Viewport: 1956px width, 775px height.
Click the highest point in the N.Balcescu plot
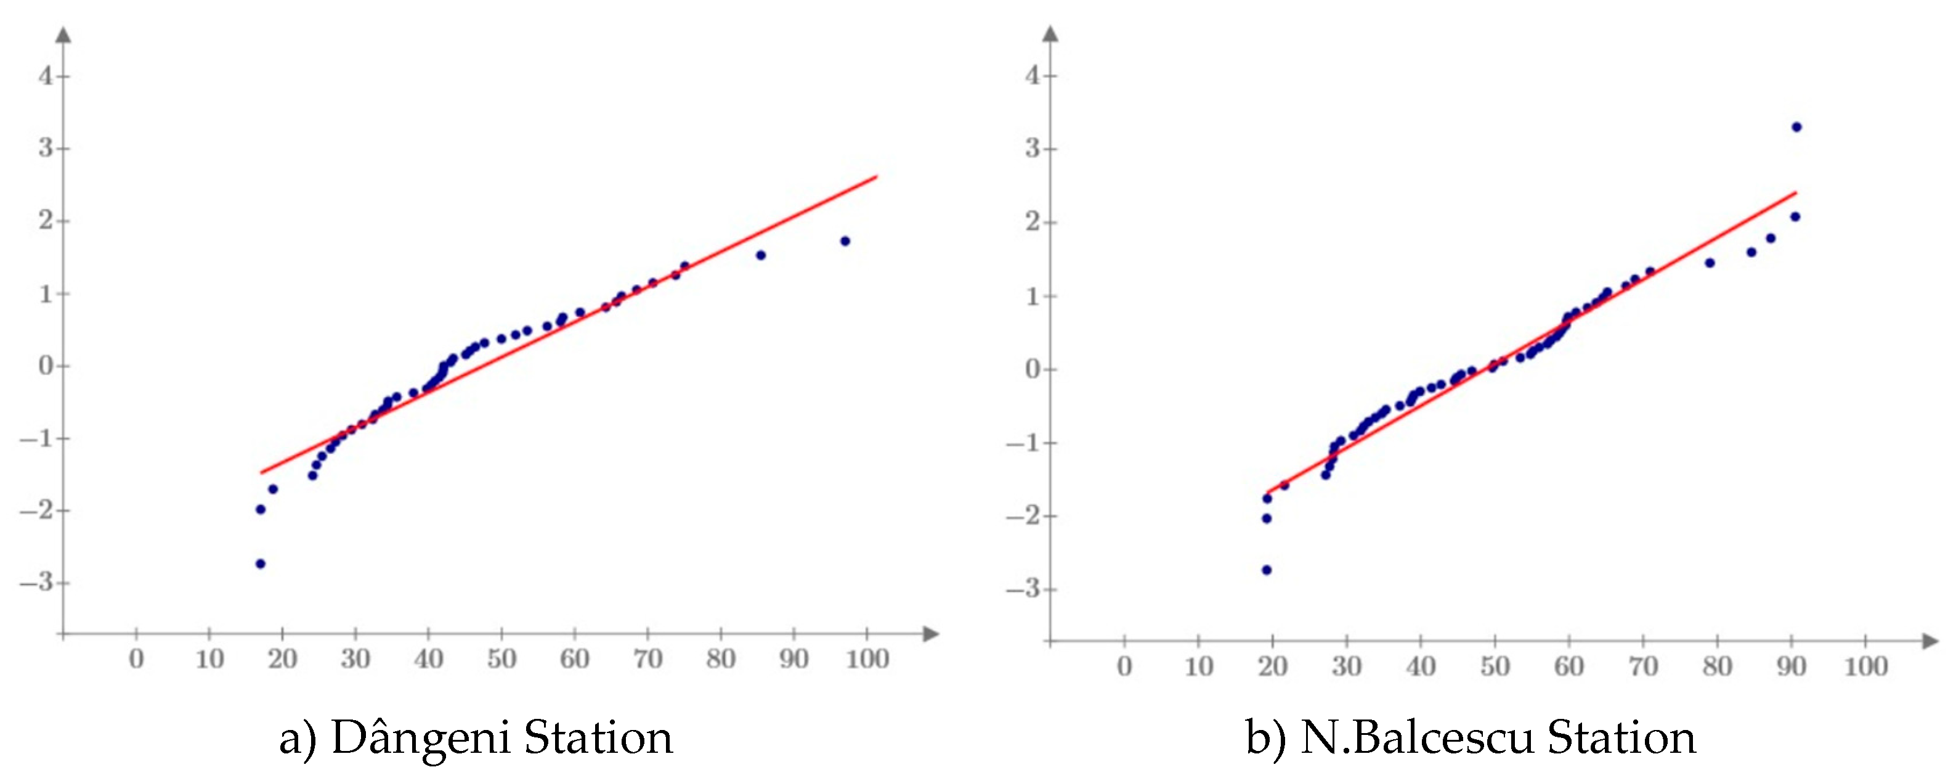1796,127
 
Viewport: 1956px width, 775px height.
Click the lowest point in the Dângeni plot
261,564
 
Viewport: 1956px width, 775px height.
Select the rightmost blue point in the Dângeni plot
845,241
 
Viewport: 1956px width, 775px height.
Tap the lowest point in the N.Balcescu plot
1267,570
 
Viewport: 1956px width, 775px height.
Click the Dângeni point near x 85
761,255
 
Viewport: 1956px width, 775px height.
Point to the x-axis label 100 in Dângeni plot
867,658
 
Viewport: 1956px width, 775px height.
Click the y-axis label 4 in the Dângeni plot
46,76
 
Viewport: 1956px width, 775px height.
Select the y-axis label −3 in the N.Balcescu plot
1025,589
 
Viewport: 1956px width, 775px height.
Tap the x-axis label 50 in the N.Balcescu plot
1495,666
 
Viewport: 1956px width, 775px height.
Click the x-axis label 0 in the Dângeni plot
137,658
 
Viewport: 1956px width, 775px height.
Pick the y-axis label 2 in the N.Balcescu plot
1033,222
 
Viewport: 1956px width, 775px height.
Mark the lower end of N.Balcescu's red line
1267,493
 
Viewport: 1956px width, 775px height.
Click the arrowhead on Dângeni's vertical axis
64,34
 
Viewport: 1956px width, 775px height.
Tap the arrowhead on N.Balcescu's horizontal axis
1930,641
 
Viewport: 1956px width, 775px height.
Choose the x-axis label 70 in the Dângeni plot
647,658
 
